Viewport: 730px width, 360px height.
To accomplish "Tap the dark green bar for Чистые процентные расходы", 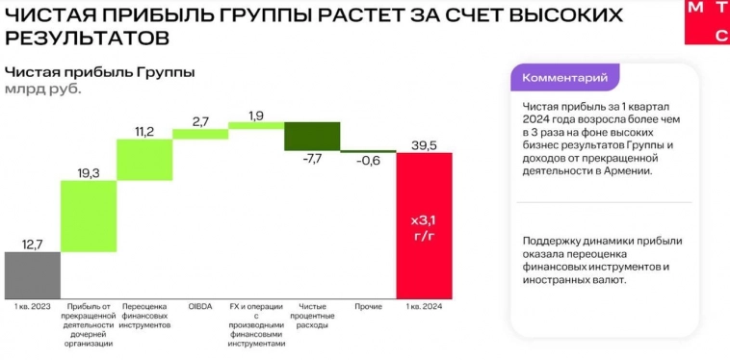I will point(312,136).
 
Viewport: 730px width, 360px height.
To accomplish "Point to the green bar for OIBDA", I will point(200,134).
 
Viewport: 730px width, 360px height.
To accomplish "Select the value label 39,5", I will point(424,144).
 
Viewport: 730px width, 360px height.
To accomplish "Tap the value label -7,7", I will point(312,159).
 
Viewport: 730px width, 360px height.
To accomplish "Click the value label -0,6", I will point(368,161).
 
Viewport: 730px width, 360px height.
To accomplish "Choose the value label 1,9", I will point(256,116).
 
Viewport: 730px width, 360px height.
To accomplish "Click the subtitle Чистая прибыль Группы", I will point(100,71).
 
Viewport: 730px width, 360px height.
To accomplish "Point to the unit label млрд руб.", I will point(43,89).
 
